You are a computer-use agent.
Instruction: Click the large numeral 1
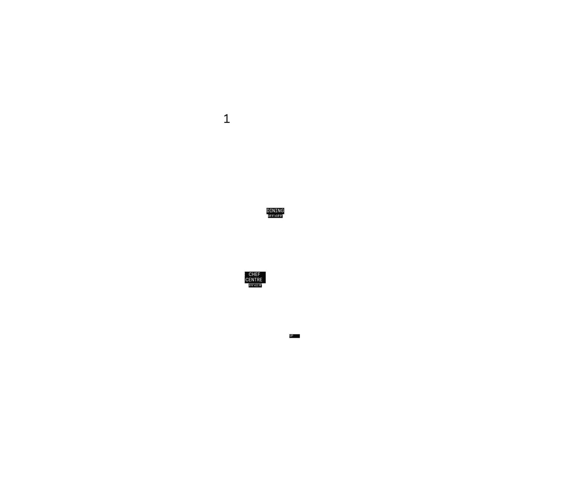tap(227, 119)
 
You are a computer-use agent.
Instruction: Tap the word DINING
tap(275, 211)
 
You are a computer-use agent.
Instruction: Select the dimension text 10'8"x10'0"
tap(275, 216)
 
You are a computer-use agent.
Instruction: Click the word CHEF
tap(254, 274)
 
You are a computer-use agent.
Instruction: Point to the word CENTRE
tap(254, 280)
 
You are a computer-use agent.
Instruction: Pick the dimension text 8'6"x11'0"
tap(255, 285)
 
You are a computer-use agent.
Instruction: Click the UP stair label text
tap(291, 336)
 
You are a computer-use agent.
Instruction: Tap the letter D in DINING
tap(268, 211)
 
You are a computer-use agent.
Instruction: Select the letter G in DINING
tap(282, 211)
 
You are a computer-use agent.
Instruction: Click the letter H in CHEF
tap(253, 274)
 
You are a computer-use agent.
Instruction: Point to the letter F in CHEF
tap(259, 274)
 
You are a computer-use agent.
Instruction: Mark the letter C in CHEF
tap(250, 274)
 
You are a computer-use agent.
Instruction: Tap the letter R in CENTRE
tap(258, 280)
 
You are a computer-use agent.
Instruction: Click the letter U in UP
tap(290, 336)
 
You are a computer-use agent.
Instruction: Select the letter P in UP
tap(292, 336)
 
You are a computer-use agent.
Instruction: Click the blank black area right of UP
tap(297, 336)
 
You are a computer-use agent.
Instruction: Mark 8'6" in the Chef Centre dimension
tap(251, 285)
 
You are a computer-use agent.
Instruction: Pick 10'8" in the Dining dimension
tap(271, 216)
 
